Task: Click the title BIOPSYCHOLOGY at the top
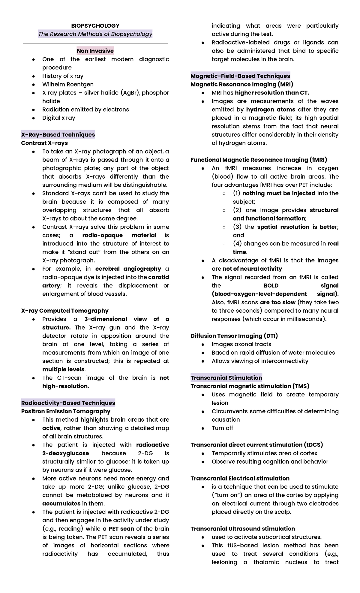pos(95,26)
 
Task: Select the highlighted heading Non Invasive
pos(95,51)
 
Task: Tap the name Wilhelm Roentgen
pos(68,84)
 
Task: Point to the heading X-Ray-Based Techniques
pos(58,134)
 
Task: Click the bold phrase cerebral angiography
pos(128,269)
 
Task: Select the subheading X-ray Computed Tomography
pos(65,311)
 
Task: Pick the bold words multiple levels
pos(64,369)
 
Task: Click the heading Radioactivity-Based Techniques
pos(68,403)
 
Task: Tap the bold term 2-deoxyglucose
pos(66,453)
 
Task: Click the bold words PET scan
pos(121,528)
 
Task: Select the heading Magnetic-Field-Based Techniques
pos(240,76)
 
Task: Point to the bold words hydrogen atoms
pos(271,110)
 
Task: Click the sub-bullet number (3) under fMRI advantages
pos(237,227)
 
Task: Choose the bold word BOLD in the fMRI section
pos(271,285)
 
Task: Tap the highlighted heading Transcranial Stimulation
pos(226,378)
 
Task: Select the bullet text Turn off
pos(222,428)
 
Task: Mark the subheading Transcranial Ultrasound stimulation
pos(243,528)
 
